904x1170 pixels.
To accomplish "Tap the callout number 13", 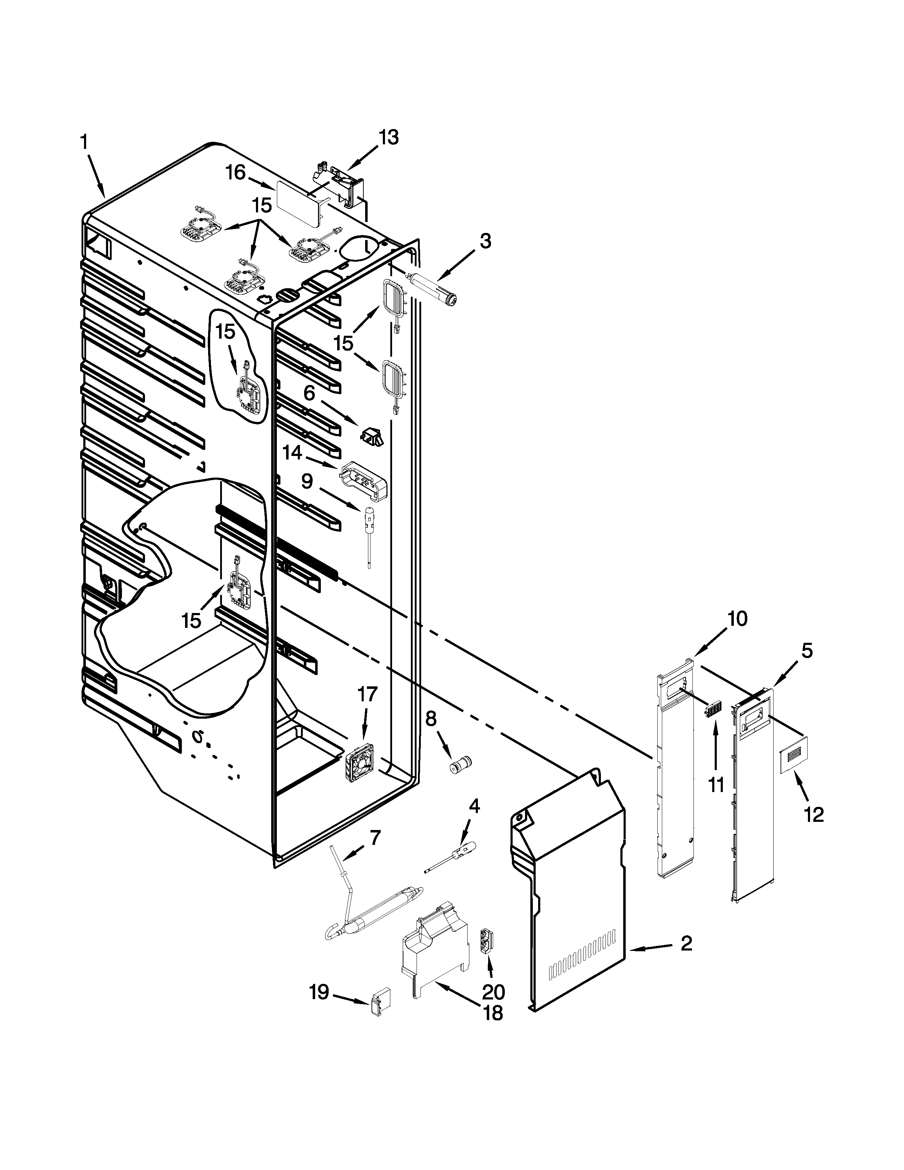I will pos(389,138).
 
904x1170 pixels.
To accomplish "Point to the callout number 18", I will pos(493,1013).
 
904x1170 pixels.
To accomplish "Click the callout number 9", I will pos(307,481).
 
